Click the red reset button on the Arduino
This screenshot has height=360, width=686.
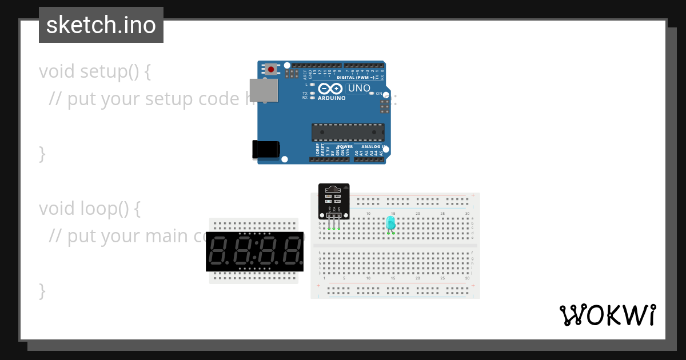pyautogui.click(x=270, y=70)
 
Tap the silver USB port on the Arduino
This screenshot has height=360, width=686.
pyautogui.click(x=264, y=90)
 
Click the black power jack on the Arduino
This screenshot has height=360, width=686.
pyautogui.click(x=265, y=149)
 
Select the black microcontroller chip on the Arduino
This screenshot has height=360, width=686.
pyautogui.click(x=348, y=132)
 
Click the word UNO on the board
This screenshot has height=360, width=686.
pyautogui.click(x=359, y=89)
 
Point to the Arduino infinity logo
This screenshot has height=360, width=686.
pyautogui.click(x=330, y=89)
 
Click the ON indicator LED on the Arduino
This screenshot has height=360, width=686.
pyautogui.click(x=372, y=93)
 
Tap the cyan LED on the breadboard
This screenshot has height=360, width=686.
pyautogui.click(x=391, y=222)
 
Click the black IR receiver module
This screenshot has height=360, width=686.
pyautogui.click(x=333, y=201)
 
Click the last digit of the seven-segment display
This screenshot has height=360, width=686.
pyautogui.click(x=291, y=252)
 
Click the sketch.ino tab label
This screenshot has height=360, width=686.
pyautogui.click(x=101, y=25)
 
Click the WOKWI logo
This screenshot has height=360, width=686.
pyautogui.click(x=607, y=315)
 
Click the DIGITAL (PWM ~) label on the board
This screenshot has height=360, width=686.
pyautogui.click(x=356, y=77)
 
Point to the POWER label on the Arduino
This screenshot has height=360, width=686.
pyautogui.click(x=345, y=146)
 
